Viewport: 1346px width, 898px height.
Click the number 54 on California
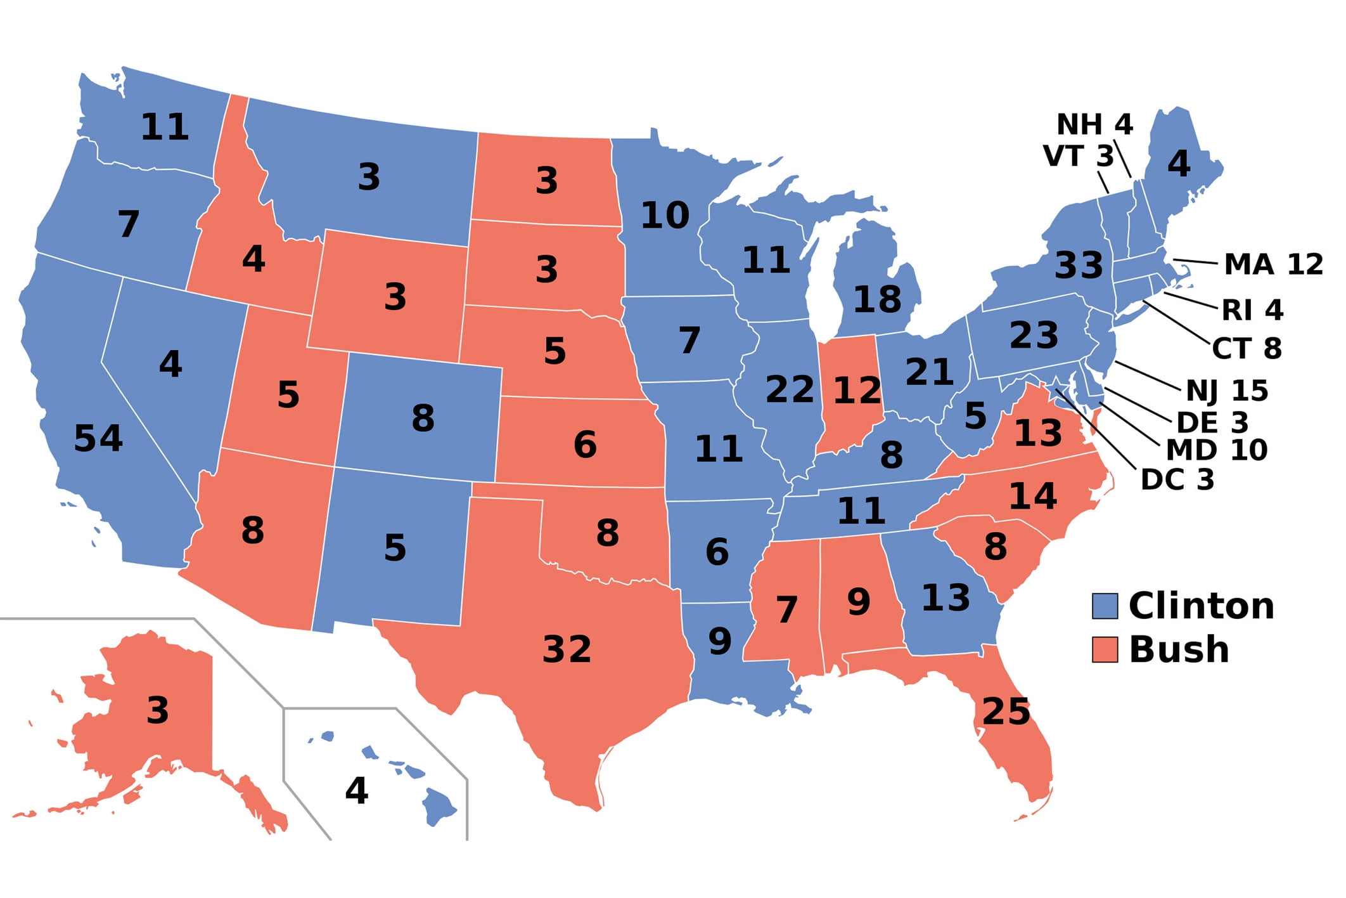[98, 438]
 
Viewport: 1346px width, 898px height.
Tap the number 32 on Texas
[567, 649]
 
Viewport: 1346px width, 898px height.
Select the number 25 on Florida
[1006, 711]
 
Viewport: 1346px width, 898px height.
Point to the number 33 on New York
[1079, 265]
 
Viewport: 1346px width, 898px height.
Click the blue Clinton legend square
[1105, 606]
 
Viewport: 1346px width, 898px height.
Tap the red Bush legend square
[1105, 649]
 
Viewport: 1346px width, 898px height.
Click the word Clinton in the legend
[1201, 606]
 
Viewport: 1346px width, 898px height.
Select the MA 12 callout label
[1273, 264]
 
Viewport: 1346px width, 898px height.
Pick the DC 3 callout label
[1177, 480]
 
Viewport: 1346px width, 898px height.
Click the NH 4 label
[1094, 124]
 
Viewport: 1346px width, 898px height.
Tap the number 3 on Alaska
[158, 710]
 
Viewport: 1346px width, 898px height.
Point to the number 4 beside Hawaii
[356, 791]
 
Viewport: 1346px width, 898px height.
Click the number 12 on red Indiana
[857, 391]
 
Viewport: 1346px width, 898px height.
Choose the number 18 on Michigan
[877, 299]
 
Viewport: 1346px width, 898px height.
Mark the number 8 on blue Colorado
[423, 419]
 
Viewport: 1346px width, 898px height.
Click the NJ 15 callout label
[1227, 391]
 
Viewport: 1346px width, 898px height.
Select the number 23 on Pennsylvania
[1034, 335]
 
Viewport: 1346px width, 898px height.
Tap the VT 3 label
[1078, 156]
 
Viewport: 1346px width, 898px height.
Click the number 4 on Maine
[1179, 164]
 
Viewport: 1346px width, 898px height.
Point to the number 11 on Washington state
[164, 127]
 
